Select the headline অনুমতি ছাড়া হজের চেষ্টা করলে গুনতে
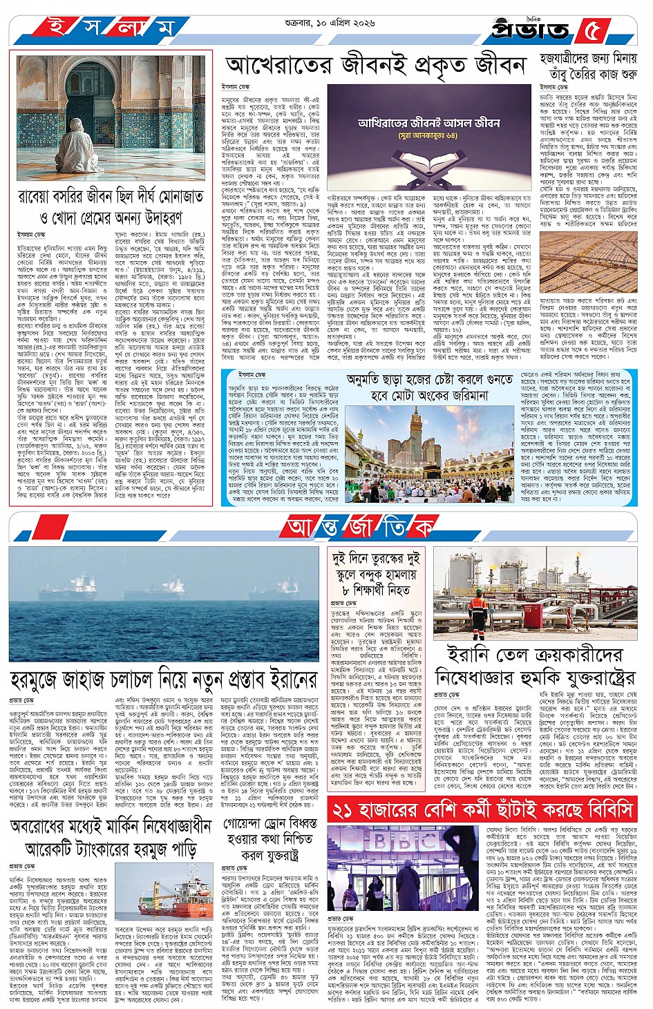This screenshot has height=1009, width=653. point(430,387)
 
